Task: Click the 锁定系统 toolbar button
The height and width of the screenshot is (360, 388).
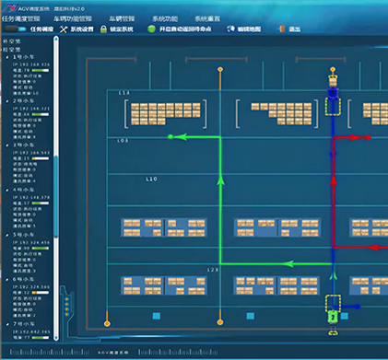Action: click(115, 29)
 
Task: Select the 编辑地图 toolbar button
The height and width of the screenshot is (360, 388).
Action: click(246, 29)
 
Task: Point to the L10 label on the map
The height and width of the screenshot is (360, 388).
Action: click(152, 179)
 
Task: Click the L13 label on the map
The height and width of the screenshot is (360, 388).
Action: click(124, 94)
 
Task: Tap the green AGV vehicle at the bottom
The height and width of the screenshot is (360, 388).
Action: click(333, 315)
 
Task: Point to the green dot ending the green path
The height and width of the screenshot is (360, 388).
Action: click(170, 137)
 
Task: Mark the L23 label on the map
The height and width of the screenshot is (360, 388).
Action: click(211, 270)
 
